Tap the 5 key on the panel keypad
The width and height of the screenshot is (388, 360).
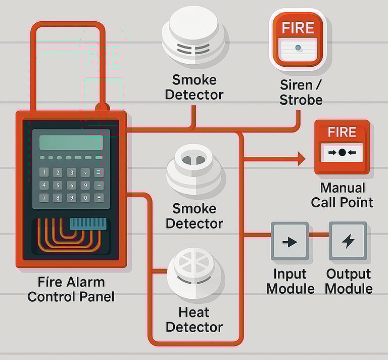pos(58,185)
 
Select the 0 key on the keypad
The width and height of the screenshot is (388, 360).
pos(85,198)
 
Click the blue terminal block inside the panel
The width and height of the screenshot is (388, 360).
pos(88,223)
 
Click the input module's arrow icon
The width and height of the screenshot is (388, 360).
pos(289,242)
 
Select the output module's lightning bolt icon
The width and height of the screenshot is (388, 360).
pos(348,241)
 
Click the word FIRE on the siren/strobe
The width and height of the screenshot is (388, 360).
pos(298,27)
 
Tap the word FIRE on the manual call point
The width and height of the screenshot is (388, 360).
pos(342,133)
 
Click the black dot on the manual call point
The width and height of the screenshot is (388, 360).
pos(342,152)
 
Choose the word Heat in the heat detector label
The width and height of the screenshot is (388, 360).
pos(194,312)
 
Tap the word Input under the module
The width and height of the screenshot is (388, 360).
pos(289,274)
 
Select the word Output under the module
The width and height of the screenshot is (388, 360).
pos(349,274)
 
